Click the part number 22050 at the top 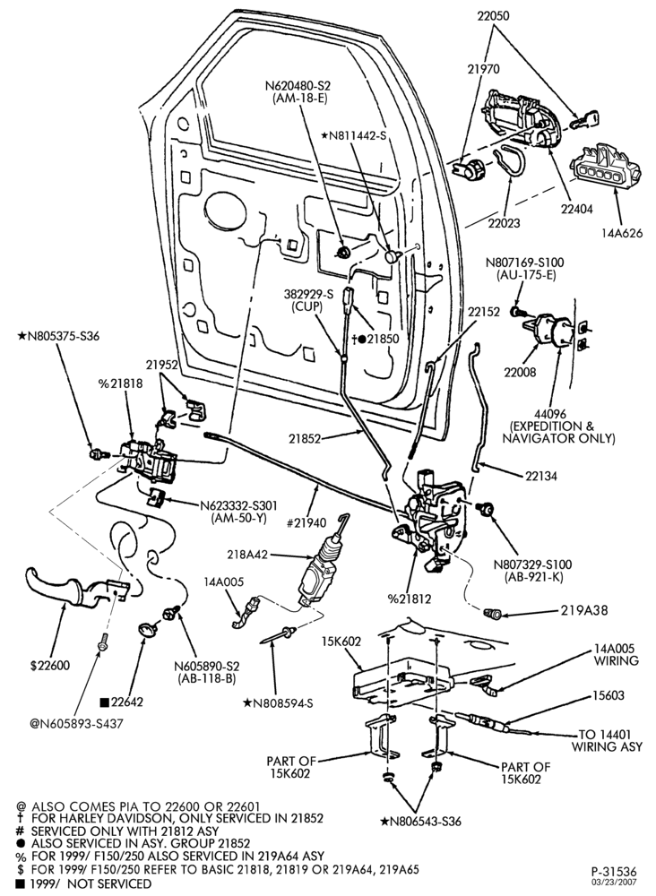(x=494, y=16)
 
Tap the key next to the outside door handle (x=584, y=121)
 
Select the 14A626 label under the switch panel (x=622, y=233)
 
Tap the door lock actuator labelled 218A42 (x=321, y=566)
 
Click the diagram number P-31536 (x=614, y=872)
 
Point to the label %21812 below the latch (x=410, y=599)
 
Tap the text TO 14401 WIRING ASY (x=607, y=741)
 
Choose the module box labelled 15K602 (x=403, y=680)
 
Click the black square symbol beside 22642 (x=104, y=702)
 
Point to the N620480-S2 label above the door (x=298, y=86)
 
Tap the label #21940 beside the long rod (x=306, y=522)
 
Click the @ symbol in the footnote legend (x=22, y=806)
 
